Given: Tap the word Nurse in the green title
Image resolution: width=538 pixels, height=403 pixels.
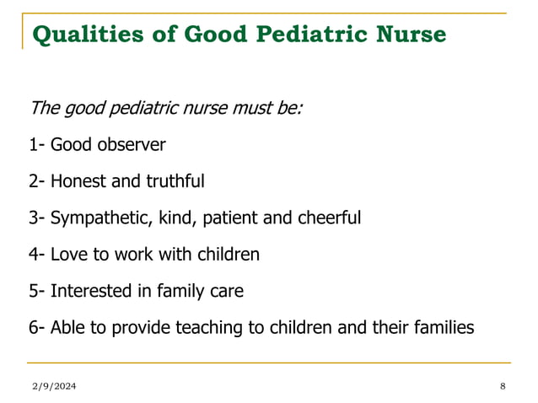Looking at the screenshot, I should [411, 36].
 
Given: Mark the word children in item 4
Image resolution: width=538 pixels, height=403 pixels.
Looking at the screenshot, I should [226, 254].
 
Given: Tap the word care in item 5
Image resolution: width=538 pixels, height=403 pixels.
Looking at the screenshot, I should [226, 291].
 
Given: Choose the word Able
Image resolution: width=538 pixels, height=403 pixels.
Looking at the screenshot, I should [67, 327].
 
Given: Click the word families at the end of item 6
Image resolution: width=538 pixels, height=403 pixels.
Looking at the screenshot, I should [442, 327].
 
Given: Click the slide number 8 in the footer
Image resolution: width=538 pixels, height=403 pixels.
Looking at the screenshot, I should [503, 386].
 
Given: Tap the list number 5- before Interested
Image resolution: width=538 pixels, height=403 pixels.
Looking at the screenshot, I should [35, 291].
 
